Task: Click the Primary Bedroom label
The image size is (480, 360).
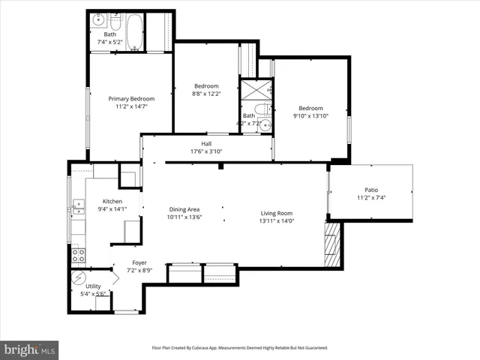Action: [x=131, y=99]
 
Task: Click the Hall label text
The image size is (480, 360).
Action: [x=206, y=143]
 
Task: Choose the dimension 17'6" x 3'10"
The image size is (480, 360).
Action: [x=206, y=151]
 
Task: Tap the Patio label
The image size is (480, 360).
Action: [x=371, y=190]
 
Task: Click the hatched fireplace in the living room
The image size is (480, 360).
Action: [x=332, y=244]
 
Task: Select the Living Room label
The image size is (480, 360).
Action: [x=277, y=212]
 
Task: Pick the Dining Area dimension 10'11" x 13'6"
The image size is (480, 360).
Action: [x=184, y=217]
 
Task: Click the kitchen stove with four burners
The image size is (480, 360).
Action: [x=79, y=257]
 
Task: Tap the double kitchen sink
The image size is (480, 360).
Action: [x=78, y=204]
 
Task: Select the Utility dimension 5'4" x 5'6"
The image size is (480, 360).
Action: [x=94, y=294]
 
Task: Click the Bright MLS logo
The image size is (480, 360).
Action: [x=30, y=349]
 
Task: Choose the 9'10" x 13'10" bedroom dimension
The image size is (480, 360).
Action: [x=310, y=116]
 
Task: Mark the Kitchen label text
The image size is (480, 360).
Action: [x=112, y=202]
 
